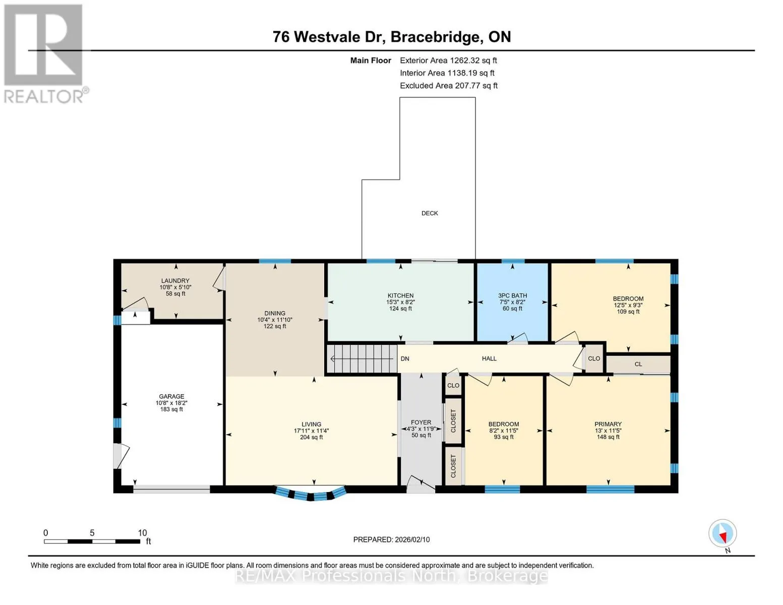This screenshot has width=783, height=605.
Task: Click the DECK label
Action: (x=430, y=213)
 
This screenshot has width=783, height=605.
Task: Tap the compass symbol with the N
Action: (x=722, y=533)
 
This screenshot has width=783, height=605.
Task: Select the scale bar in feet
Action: (x=92, y=541)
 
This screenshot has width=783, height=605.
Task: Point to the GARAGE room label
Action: (x=171, y=396)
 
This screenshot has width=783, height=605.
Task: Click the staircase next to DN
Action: (x=362, y=359)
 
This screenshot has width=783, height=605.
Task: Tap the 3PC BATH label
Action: (x=512, y=295)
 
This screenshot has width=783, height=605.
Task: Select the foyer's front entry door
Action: (x=421, y=484)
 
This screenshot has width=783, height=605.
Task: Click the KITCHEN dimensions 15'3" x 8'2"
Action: (x=400, y=302)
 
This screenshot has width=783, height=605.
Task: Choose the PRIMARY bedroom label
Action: (x=608, y=424)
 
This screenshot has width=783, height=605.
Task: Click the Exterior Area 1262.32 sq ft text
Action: (x=448, y=60)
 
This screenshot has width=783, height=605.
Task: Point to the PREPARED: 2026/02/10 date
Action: (x=391, y=539)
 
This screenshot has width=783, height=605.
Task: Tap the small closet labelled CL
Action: (x=638, y=365)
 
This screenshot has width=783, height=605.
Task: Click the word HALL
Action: (x=489, y=358)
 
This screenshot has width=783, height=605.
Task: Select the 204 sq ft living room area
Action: (x=311, y=437)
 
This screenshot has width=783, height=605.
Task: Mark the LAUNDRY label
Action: (x=175, y=281)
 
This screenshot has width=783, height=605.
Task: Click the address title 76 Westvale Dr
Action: (x=327, y=37)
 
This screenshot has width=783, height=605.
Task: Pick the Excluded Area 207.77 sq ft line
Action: (x=449, y=86)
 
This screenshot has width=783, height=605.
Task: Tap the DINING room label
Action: (x=275, y=314)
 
